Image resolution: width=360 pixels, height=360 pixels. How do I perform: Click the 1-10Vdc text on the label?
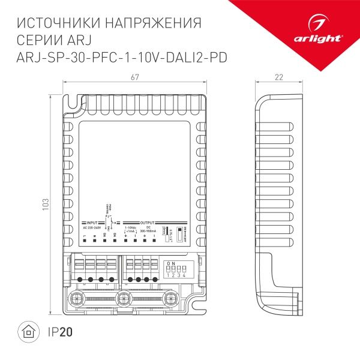[x=130, y=228]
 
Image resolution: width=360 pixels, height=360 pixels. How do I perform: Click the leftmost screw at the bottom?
[x=76, y=298]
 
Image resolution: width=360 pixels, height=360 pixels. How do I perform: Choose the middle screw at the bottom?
[x=125, y=298]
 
